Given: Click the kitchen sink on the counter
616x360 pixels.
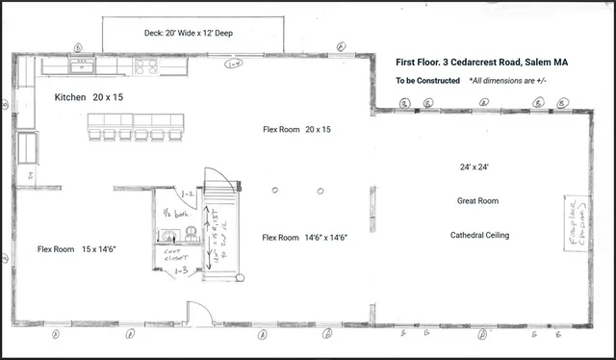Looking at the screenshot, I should pyautogui.click(x=81, y=66).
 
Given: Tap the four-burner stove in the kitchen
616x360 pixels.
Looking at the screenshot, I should pyautogui.click(x=149, y=66).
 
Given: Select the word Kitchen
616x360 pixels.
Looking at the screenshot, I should pyautogui.click(x=70, y=98).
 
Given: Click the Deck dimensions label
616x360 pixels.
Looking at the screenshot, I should pyautogui.click(x=189, y=32).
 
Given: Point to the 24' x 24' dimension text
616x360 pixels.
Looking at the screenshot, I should pyautogui.click(x=475, y=167).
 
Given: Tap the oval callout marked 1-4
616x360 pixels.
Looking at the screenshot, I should pyautogui.click(x=232, y=64).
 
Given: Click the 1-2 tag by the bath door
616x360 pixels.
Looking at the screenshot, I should pyautogui.click(x=189, y=194).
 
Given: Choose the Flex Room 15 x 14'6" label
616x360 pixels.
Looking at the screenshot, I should pyautogui.click(x=76, y=248).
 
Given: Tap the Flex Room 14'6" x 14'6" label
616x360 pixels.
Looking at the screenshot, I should pyautogui.click(x=304, y=237).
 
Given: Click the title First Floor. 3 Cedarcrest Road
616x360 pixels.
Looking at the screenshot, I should pyautogui.click(x=481, y=62).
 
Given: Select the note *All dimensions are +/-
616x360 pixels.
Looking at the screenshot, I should pyautogui.click(x=507, y=81).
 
